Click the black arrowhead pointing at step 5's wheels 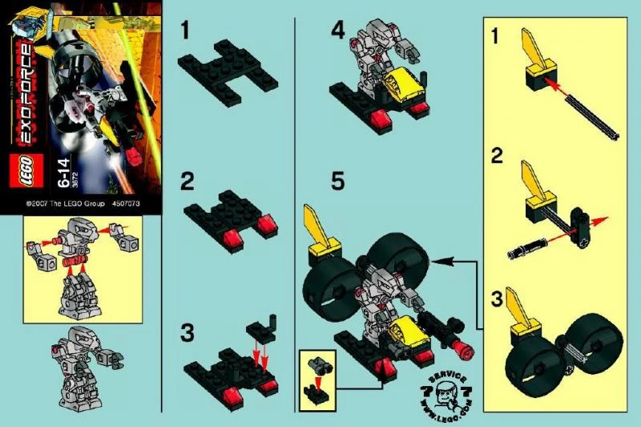pos(436,261)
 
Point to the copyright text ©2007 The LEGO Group pos(65,204)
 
